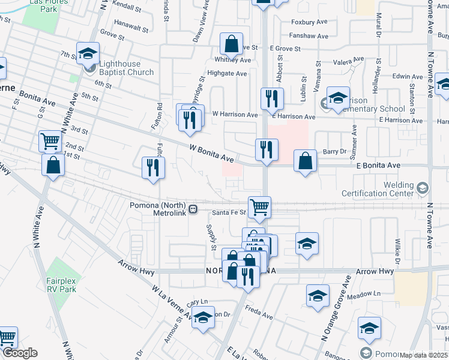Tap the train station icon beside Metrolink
pyautogui.click(x=193, y=209)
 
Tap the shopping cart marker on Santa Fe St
pyautogui.click(x=259, y=207)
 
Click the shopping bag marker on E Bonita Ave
pyautogui.click(x=306, y=161)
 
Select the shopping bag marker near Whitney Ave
pyautogui.click(x=231, y=44)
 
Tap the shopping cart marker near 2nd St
pyautogui.click(x=50, y=142)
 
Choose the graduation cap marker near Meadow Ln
pyautogui.click(x=318, y=295)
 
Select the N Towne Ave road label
pyautogui.click(x=430, y=225)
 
